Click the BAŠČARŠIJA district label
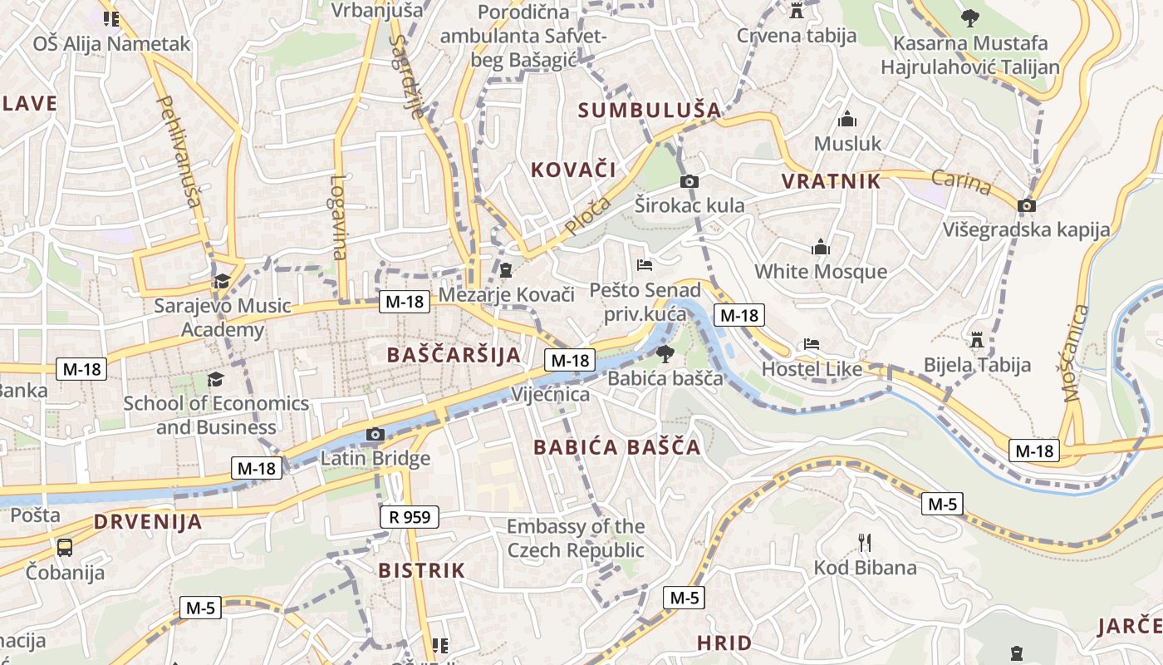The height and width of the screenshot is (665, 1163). click(454, 355)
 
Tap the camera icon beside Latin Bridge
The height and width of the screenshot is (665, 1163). click(375, 434)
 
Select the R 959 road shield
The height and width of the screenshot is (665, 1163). click(410, 517)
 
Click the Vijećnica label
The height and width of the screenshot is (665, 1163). click(550, 394)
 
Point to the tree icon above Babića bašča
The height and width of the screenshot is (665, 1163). click(665, 354)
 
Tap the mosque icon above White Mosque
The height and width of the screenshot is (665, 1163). click(821, 247)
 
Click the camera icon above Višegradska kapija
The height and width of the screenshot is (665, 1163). click(1027, 205)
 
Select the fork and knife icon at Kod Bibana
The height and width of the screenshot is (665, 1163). click(865, 544)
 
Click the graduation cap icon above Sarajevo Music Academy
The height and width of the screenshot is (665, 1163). click(222, 281)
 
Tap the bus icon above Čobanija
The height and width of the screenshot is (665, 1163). click(65, 547)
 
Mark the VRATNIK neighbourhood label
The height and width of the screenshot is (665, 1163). click(831, 182)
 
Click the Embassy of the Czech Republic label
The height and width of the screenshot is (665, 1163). click(576, 539)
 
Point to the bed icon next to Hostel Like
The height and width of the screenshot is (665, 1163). click(812, 344)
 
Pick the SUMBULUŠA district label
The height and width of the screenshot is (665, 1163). click(650, 110)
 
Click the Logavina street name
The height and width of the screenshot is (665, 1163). click(338, 216)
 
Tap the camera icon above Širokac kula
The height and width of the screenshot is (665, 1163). click(689, 181)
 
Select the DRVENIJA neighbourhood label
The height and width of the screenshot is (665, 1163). click(148, 522)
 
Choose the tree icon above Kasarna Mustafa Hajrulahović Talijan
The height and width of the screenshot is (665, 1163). click(969, 17)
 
